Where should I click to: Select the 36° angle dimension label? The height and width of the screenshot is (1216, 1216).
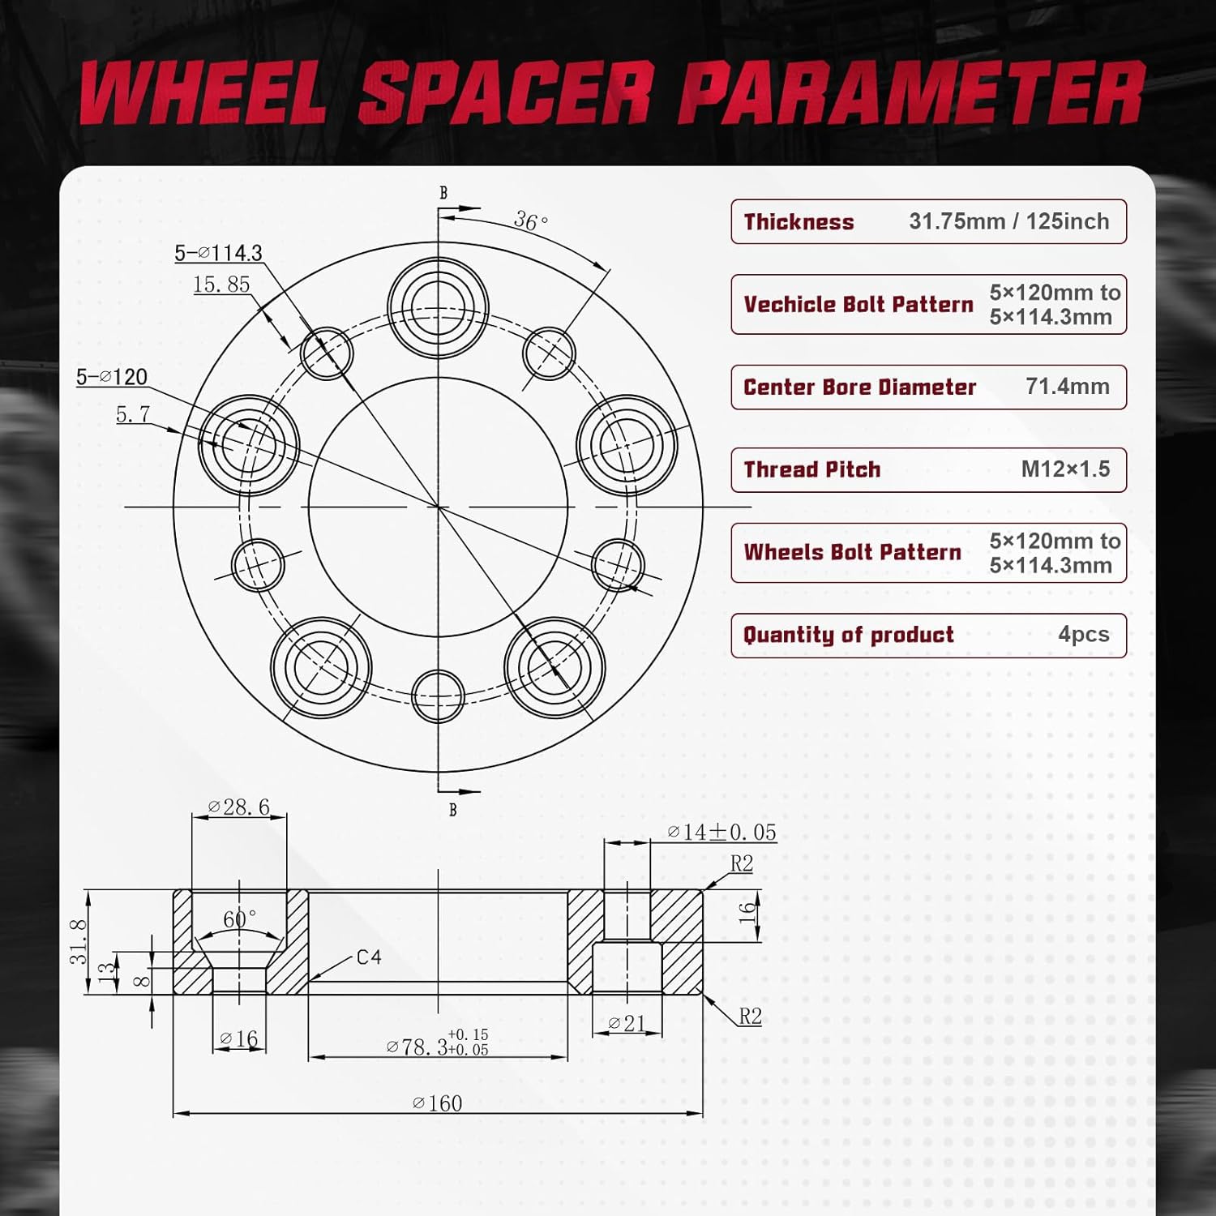click(x=531, y=221)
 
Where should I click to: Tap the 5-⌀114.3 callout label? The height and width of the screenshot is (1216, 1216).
click(x=219, y=253)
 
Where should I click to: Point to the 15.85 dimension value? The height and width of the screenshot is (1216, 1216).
click(x=221, y=285)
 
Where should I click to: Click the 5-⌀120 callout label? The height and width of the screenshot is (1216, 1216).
click(x=112, y=377)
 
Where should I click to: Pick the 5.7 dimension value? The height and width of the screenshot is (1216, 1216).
click(x=133, y=414)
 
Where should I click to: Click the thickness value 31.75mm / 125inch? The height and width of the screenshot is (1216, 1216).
click(x=1008, y=221)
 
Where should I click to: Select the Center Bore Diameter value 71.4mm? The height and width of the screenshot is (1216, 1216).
click(x=1067, y=387)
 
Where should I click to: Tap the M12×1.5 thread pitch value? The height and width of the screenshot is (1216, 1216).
click(x=1065, y=469)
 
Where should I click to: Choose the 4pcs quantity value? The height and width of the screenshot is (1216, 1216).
click(x=1083, y=635)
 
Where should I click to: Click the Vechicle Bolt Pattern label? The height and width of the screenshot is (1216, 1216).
click(x=858, y=305)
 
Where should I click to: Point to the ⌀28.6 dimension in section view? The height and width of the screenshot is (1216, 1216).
click(x=238, y=807)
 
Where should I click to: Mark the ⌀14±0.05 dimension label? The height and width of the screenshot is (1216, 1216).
click(x=721, y=833)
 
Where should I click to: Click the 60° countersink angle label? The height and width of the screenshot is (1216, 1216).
click(x=239, y=919)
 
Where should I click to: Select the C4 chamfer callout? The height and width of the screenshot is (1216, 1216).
click(x=369, y=957)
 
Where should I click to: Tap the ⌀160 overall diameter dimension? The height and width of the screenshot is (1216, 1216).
click(x=438, y=1103)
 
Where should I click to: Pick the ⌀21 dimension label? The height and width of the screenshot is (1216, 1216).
click(x=626, y=1024)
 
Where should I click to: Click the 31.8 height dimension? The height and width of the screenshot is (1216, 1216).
click(x=78, y=941)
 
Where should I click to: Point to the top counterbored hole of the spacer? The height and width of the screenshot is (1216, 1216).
click(x=438, y=306)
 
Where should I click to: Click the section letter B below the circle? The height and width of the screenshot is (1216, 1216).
click(x=452, y=810)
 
